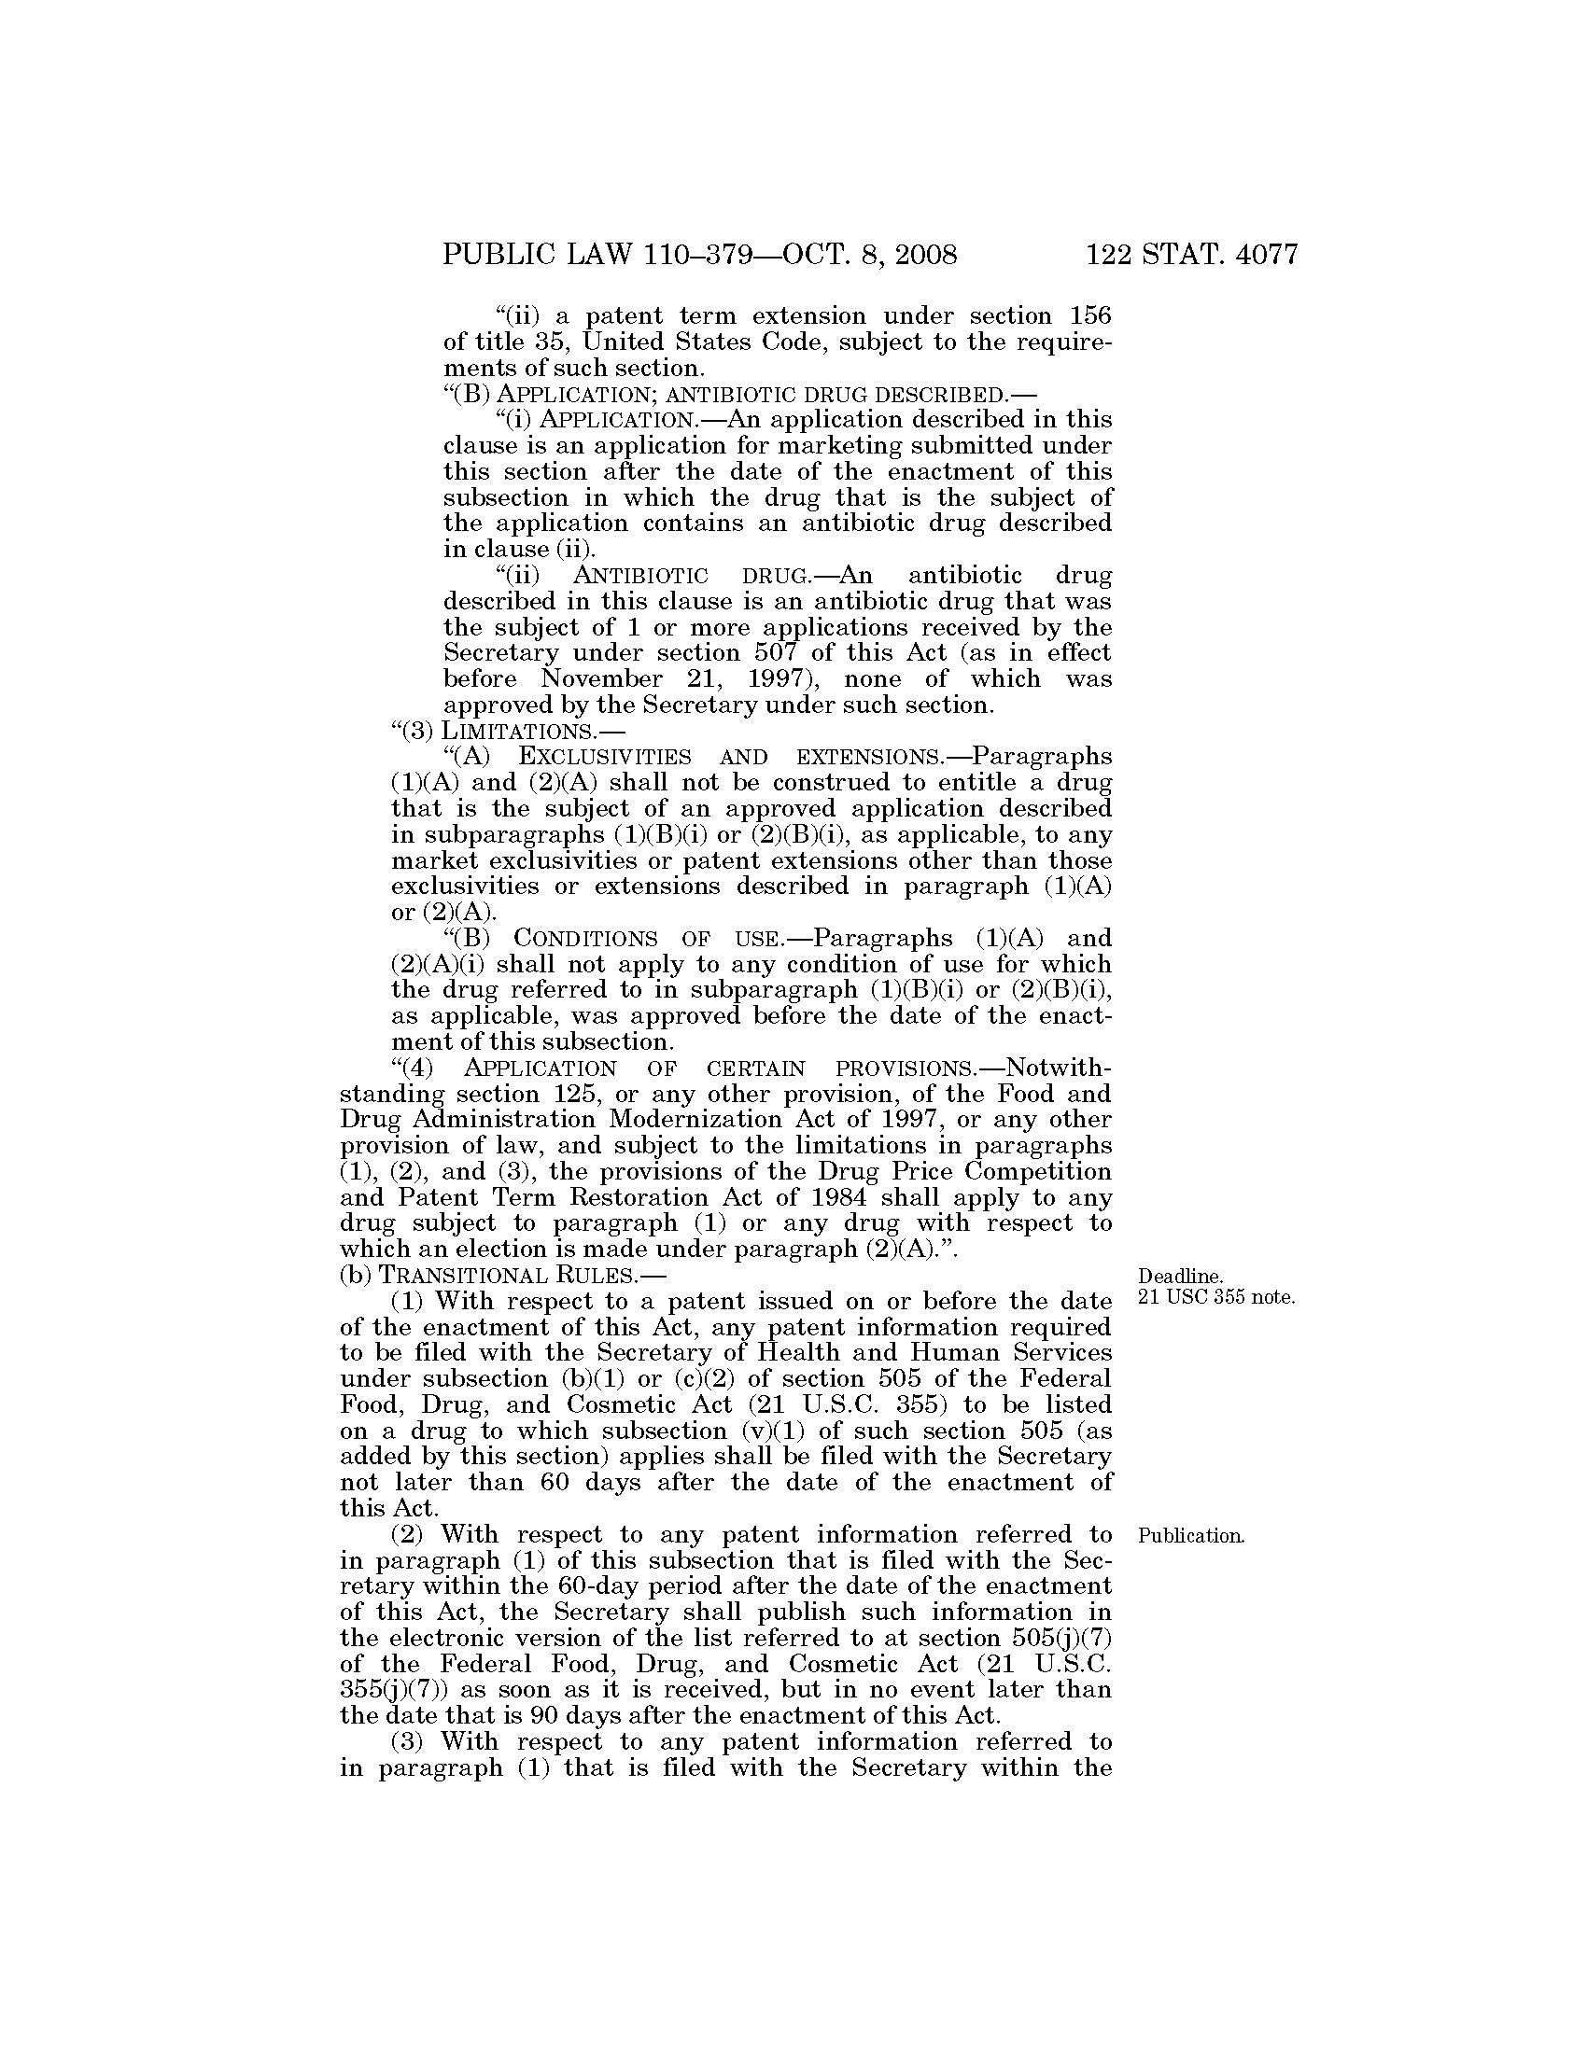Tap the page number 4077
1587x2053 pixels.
coord(1251,255)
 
